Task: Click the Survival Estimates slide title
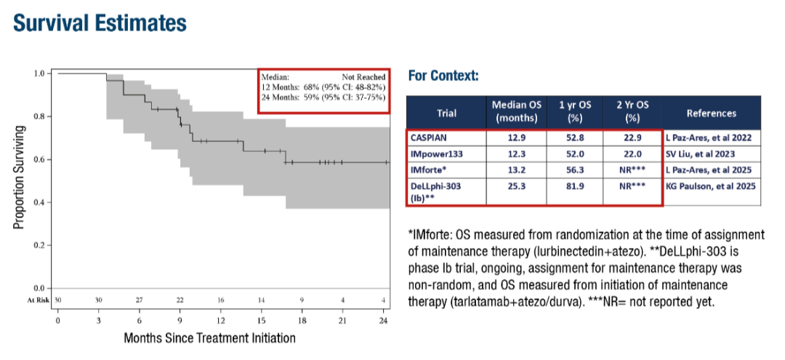coord(100,23)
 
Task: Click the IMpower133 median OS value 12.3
coord(514,154)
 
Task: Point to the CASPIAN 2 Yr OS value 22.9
coord(631,138)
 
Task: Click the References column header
coord(710,113)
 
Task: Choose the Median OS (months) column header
coord(514,112)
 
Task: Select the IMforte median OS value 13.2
coord(514,170)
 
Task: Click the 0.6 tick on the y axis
coord(41,159)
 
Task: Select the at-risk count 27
coord(139,299)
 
